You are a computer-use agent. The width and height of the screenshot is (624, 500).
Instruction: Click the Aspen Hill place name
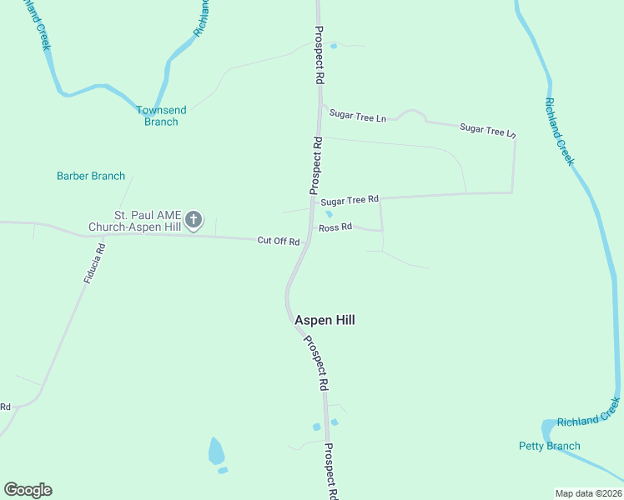pos(325,320)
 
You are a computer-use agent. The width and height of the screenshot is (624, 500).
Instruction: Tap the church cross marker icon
pos(194,220)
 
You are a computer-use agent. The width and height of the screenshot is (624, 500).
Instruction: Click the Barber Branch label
pos(91,176)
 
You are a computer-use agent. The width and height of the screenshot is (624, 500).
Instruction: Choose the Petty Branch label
pos(549,446)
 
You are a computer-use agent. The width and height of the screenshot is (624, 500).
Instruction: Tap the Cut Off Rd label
pos(278,241)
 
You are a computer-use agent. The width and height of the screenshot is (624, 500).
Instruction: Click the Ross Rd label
pos(335,227)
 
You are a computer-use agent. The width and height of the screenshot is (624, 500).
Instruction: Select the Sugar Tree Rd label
pos(350,200)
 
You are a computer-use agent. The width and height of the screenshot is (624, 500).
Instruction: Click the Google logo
pos(28,490)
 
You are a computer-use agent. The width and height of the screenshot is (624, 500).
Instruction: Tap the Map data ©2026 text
pos(588,493)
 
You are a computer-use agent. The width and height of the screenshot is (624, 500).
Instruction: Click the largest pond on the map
pos(216,451)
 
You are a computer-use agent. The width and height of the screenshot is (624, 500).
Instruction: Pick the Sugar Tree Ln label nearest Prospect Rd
pos(357,117)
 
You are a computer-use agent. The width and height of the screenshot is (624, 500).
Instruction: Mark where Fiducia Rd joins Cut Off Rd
pos(103,235)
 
